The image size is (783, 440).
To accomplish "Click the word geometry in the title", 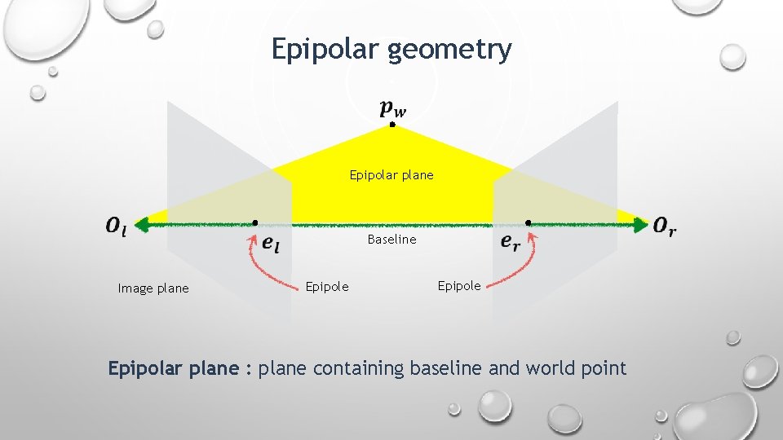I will coord(450,51).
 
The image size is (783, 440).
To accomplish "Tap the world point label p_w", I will coord(392,108).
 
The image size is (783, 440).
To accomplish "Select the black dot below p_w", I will coord(392,125).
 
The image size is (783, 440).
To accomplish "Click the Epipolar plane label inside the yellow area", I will coord(391,175).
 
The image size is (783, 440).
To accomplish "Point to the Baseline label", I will coord(391,240).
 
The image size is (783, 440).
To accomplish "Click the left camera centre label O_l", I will coord(116,226).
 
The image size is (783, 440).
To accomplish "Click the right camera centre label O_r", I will coord(665,226).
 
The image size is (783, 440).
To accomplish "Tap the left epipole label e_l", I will coord(270,242).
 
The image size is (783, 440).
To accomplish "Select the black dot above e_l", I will coord(255,222).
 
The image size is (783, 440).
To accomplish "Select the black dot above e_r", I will coord(528,222).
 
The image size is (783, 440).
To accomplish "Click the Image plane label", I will coord(153,288).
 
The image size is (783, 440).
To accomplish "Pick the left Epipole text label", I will coord(326,286).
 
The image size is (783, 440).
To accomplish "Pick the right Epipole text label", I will coord(459,285).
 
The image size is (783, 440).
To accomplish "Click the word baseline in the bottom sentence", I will coord(446,368).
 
